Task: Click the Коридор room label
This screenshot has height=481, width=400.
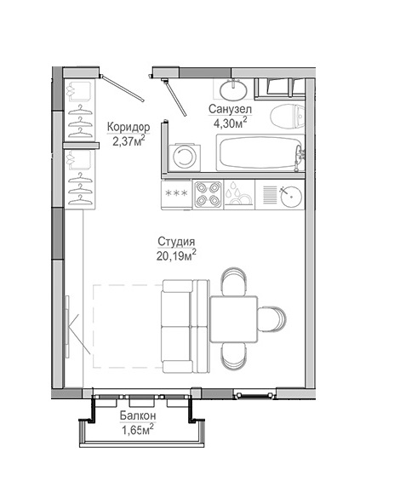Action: (x=129, y=127)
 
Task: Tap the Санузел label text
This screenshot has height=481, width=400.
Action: (x=230, y=109)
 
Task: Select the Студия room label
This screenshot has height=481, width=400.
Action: (x=176, y=242)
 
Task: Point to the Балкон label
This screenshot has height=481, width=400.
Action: (x=138, y=415)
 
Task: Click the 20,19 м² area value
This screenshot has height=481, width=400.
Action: (x=176, y=255)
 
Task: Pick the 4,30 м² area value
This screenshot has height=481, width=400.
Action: (x=231, y=123)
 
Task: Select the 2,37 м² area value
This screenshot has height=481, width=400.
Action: (x=129, y=141)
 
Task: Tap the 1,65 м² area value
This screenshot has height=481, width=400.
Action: (x=138, y=430)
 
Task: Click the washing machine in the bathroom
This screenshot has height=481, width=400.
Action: (x=185, y=157)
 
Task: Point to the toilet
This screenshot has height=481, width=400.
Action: (x=288, y=117)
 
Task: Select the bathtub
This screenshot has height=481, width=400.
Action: (x=260, y=152)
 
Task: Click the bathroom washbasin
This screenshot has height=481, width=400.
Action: (x=233, y=89)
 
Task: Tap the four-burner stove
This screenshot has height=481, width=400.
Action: (x=209, y=194)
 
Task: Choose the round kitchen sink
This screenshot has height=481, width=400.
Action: (x=291, y=196)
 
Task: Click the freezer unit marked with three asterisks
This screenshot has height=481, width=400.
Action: (x=176, y=194)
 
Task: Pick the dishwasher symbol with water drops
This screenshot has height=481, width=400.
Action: (x=239, y=194)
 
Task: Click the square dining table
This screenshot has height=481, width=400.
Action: (x=234, y=319)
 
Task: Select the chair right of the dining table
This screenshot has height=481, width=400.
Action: (x=271, y=319)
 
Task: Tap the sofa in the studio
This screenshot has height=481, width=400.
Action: (x=186, y=326)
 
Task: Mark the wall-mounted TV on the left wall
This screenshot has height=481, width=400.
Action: (x=66, y=326)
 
